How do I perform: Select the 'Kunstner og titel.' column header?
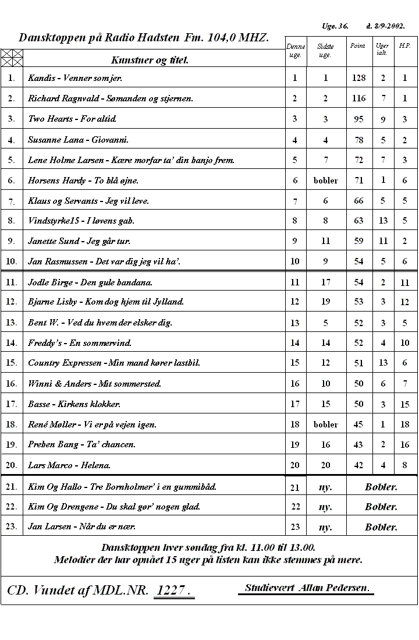point(150,59)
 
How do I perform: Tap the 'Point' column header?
point(357,45)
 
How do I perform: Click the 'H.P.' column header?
point(404,45)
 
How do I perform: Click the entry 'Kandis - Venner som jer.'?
point(75,77)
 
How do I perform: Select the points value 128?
point(358,77)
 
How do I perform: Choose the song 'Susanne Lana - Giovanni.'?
point(79,140)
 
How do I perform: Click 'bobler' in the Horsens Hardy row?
point(325,181)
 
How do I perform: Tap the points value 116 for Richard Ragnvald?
point(358,98)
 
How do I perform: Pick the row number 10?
point(12,261)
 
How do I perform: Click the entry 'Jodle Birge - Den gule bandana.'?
point(90,282)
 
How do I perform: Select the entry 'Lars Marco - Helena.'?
point(69,465)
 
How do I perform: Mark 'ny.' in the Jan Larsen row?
point(325,527)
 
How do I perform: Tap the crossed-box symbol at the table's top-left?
point(12,58)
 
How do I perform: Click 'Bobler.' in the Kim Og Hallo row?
point(381,487)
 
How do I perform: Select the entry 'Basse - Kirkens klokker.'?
point(74,404)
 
